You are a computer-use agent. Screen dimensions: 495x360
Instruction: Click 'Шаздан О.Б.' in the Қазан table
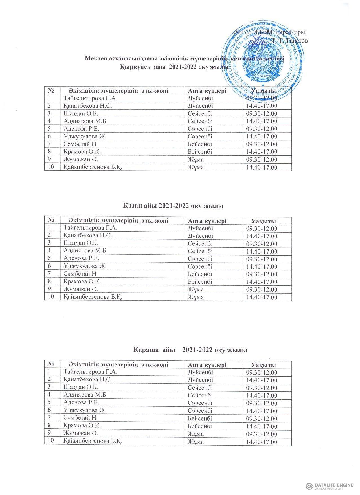(x=82, y=243)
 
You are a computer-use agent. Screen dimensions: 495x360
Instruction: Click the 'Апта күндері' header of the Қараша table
(x=207, y=365)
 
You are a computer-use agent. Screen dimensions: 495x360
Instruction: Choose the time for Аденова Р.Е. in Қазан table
(x=262, y=259)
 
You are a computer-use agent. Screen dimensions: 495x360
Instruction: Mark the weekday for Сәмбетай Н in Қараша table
(x=200, y=418)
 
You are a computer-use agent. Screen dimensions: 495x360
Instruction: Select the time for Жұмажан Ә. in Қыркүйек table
(x=262, y=160)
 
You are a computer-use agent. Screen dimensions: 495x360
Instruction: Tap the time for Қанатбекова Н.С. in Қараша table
(x=262, y=380)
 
